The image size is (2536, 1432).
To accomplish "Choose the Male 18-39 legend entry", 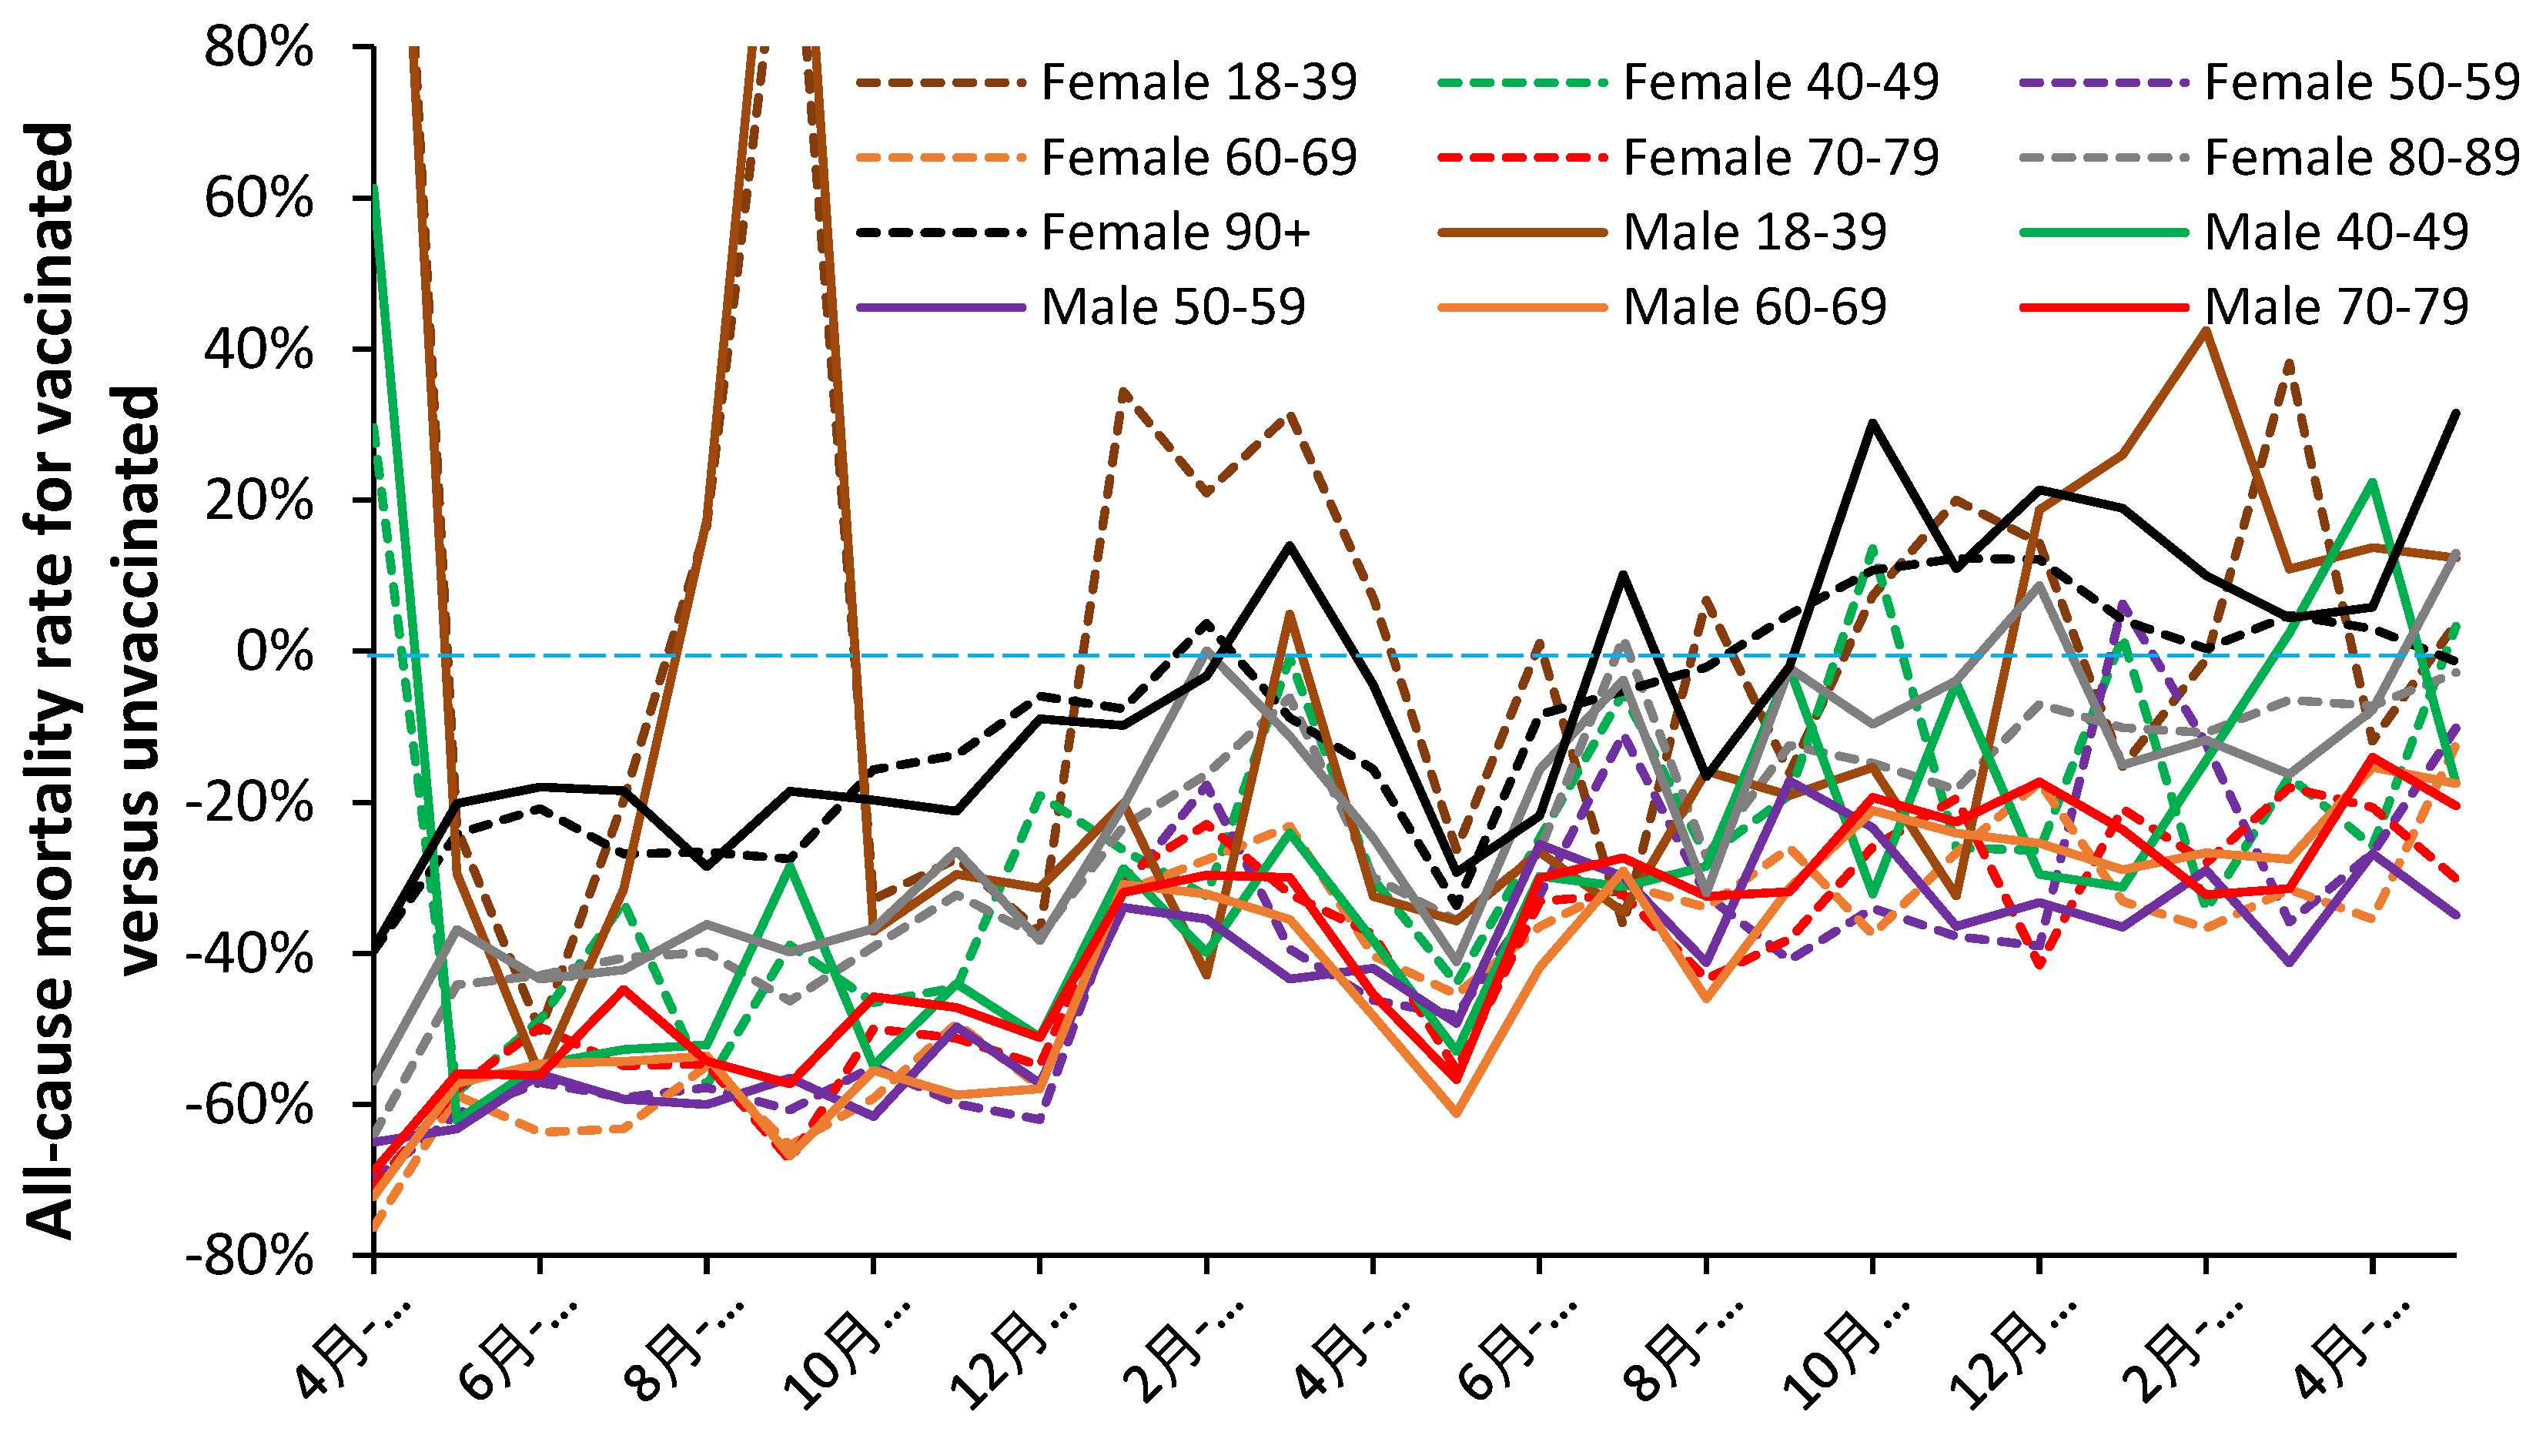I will pyautogui.click(x=1755, y=233).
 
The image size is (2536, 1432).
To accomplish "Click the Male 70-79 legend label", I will pyautogui.click(x=2335, y=307).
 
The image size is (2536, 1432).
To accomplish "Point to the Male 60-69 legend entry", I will pyautogui.click(x=1755, y=307).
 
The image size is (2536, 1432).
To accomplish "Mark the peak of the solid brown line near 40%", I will pyautogui.click(x=2204, y=331).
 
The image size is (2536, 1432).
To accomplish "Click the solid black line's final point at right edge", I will pyautogui.click(x=2455, y=413).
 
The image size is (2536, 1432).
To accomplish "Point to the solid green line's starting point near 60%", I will pyautogui.click(x=376, y=187).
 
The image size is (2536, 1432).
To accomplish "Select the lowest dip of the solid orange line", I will pyautogui.click(x=1455, y=1113).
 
